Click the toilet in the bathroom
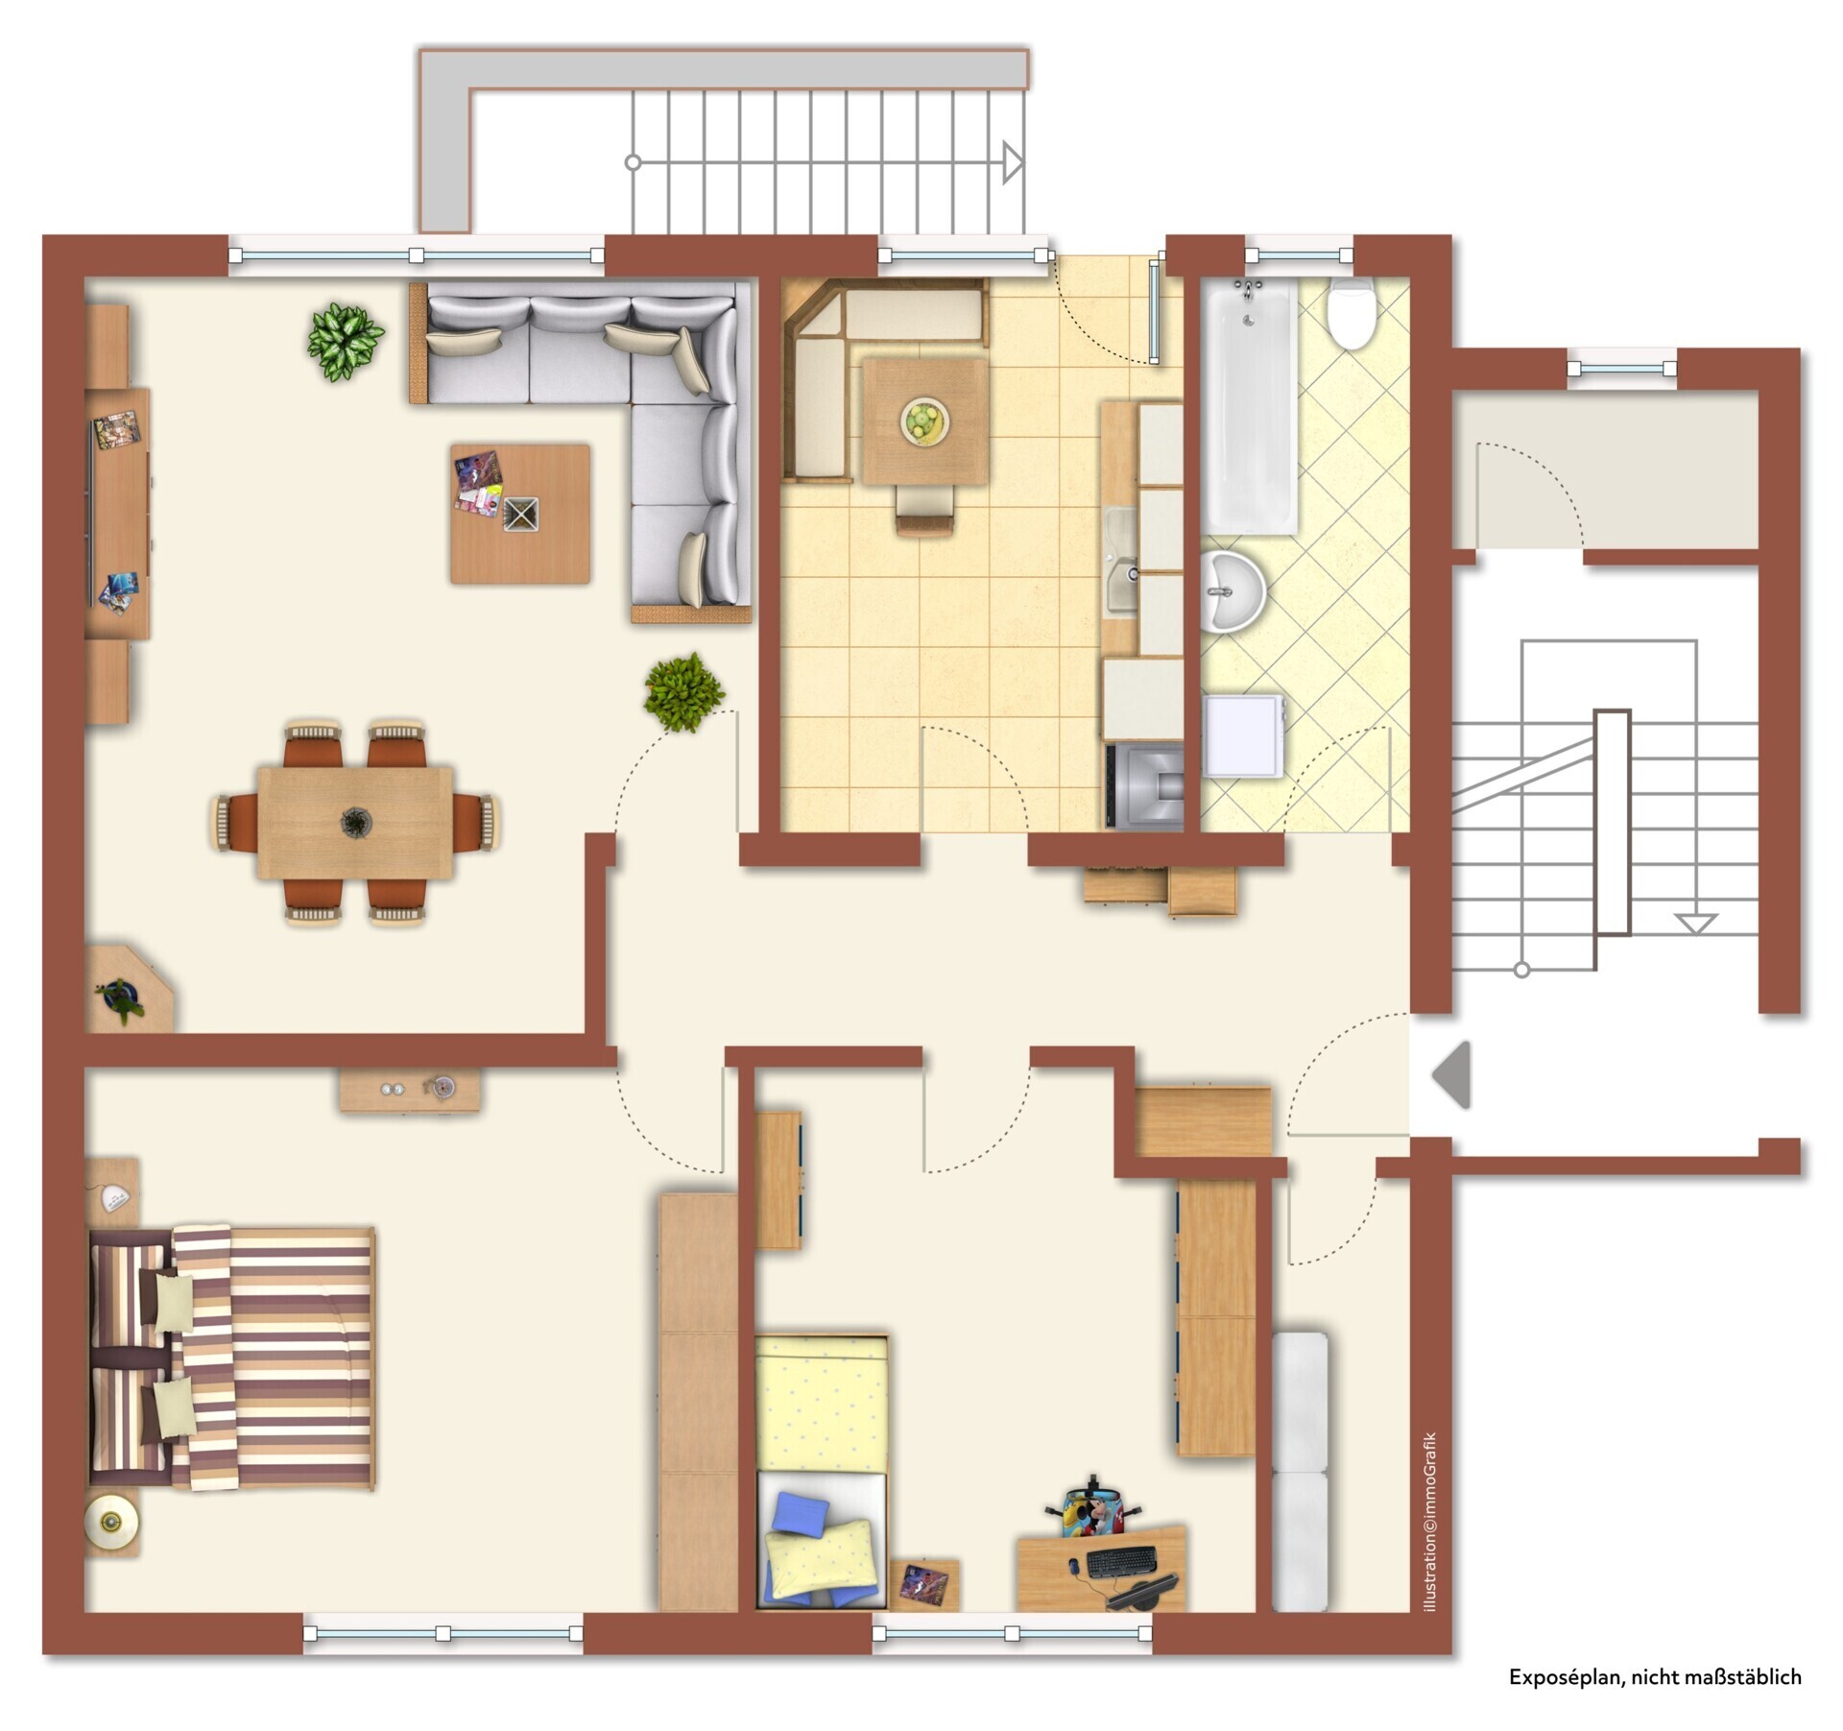1352,313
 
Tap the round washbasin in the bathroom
1233,591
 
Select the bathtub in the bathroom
1252,406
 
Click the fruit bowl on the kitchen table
925,421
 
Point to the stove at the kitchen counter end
1144,785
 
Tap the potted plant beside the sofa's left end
345,342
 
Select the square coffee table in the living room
520,513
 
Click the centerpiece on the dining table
355,822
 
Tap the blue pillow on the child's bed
802,1516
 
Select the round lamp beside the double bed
111,1522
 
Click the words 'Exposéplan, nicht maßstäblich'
1655,1677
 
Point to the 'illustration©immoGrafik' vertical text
1430,1522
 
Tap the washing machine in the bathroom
1244,735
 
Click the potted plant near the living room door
683,691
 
